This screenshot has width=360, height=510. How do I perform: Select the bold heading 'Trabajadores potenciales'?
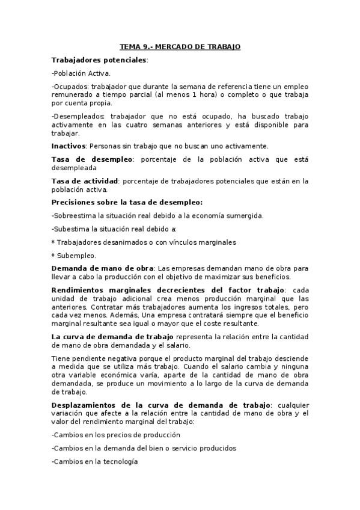coord(99,60)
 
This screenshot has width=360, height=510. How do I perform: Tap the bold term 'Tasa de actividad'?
coord(85,181)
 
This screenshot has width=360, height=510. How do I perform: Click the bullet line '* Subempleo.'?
coord(71,255)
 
